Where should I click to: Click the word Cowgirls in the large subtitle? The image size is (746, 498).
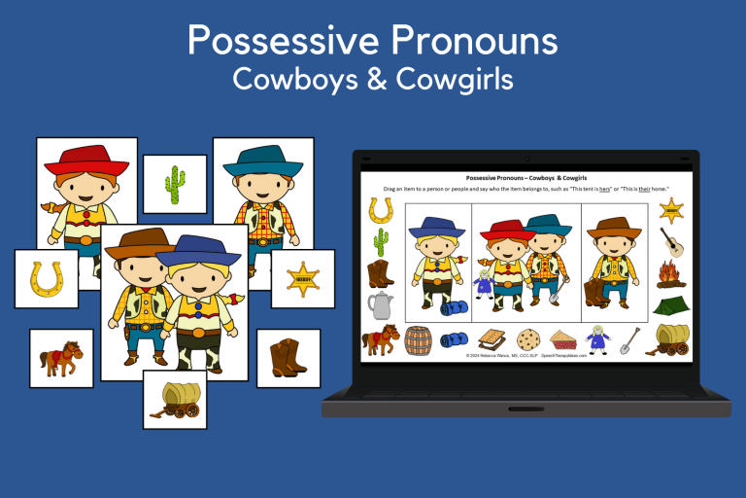[460, 78]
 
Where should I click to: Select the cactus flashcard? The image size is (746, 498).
[175, 184]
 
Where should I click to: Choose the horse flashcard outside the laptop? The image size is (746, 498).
[60, 358]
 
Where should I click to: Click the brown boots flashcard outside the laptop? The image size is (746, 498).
[288, 358]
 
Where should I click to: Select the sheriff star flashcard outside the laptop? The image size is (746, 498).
[302, 278]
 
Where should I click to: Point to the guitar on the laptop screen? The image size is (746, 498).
[670, 240]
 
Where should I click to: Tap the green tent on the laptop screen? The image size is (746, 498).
[671, 305]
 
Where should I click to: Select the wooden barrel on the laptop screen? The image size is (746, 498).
[417, 338]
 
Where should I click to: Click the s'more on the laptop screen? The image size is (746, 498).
[492, 339]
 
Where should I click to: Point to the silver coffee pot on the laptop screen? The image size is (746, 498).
[380, 305]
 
